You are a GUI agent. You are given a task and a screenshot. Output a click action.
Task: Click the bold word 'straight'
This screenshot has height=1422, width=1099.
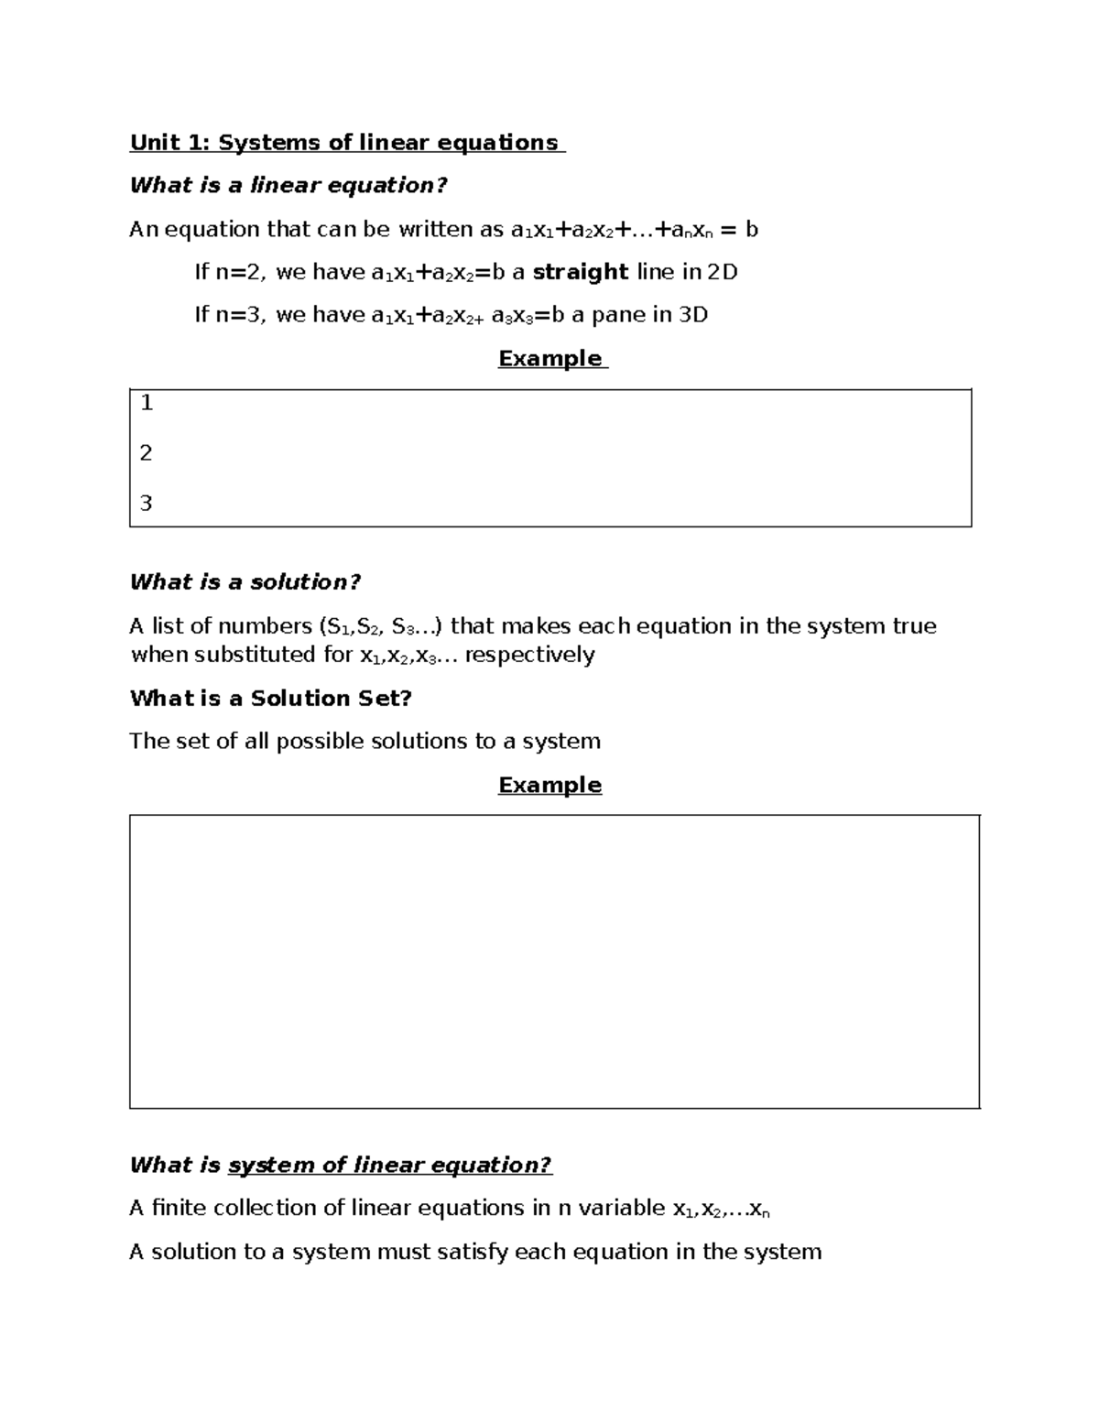[x=580, y=272]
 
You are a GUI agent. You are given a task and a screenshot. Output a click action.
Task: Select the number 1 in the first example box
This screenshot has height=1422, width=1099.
[x=147, y=404]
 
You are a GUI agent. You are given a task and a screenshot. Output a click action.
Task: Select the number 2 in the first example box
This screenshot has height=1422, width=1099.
[x=147, y=453]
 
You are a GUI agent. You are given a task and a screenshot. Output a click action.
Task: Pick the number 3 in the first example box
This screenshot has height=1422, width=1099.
[x=147, y=503]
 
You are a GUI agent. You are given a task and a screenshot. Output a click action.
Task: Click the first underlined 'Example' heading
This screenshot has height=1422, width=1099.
[x=549, y=358]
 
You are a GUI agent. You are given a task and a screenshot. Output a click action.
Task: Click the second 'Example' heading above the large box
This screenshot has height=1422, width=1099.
[x=549, y=785]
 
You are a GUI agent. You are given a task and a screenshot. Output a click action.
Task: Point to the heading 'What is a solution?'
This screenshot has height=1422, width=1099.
[x=245, y=582]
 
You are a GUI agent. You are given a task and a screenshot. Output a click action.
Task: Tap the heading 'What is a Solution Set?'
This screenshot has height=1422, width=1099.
[x=271, y=699]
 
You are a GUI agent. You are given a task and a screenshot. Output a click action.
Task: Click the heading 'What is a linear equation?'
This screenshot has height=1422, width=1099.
[x=288, y=186]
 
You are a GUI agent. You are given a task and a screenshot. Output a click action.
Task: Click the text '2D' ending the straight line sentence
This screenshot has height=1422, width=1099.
[x=723, y=272]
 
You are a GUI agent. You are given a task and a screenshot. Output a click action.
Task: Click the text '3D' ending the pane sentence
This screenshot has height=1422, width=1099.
[x=693, y=315]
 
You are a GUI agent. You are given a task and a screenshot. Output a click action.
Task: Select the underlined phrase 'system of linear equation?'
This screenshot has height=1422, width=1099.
[x=390, y=1166]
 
